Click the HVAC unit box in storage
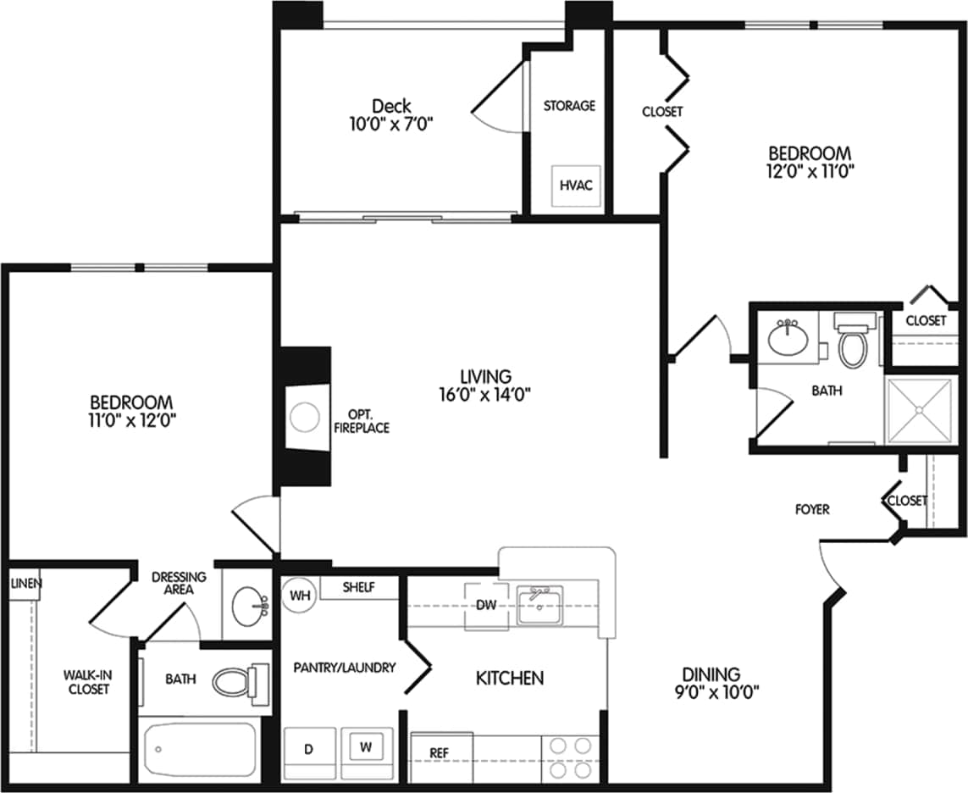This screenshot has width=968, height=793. pos(578,185)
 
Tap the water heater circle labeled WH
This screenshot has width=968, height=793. pos(298,595)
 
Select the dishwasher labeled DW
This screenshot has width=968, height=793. pos(486,605)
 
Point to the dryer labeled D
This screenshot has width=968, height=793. pos(309,751)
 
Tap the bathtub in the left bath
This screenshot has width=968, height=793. pos(200,750)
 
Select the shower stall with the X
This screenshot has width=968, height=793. pos(920,410)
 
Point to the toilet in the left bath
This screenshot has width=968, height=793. pos(236,681)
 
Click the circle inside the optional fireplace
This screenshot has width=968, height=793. pos(302,418)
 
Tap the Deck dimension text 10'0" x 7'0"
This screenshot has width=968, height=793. pos(391,124)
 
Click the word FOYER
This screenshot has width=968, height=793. pos(811,509)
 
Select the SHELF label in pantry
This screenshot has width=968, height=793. pos(358,586)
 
